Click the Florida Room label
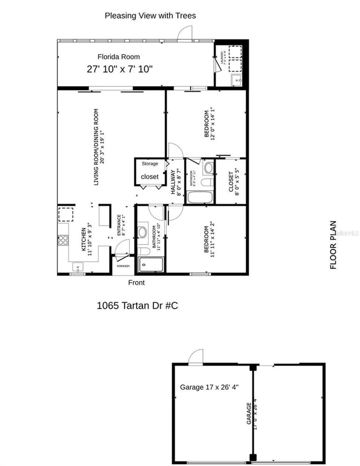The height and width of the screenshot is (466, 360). [x=119, y=57]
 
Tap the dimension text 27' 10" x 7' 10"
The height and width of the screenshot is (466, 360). [x=119, y=69]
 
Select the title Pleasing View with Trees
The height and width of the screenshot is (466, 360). [x=150, y=16]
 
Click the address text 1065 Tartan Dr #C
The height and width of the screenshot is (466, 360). [x=137, y=305]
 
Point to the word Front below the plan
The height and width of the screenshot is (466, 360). [x=136, y=283]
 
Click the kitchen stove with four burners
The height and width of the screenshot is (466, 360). [x=63, y=240]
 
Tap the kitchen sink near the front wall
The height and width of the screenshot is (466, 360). [x=78, y=267]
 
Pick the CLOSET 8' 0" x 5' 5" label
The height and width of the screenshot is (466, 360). [x=234, y=182]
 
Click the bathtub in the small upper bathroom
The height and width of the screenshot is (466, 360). [x=200, y=197]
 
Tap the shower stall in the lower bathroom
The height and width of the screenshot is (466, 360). [x=151, y=265]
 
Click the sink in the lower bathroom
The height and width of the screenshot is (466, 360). [x=142, y=232]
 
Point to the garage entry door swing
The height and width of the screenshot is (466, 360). [x=196, y=356]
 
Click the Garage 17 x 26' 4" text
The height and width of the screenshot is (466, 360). [x=209, y=387]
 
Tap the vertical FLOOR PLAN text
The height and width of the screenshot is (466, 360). [x=333, y=245]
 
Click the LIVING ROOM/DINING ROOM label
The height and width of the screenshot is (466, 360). [x=99, y=147]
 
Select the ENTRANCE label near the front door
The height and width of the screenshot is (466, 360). [x=121, y=225]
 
